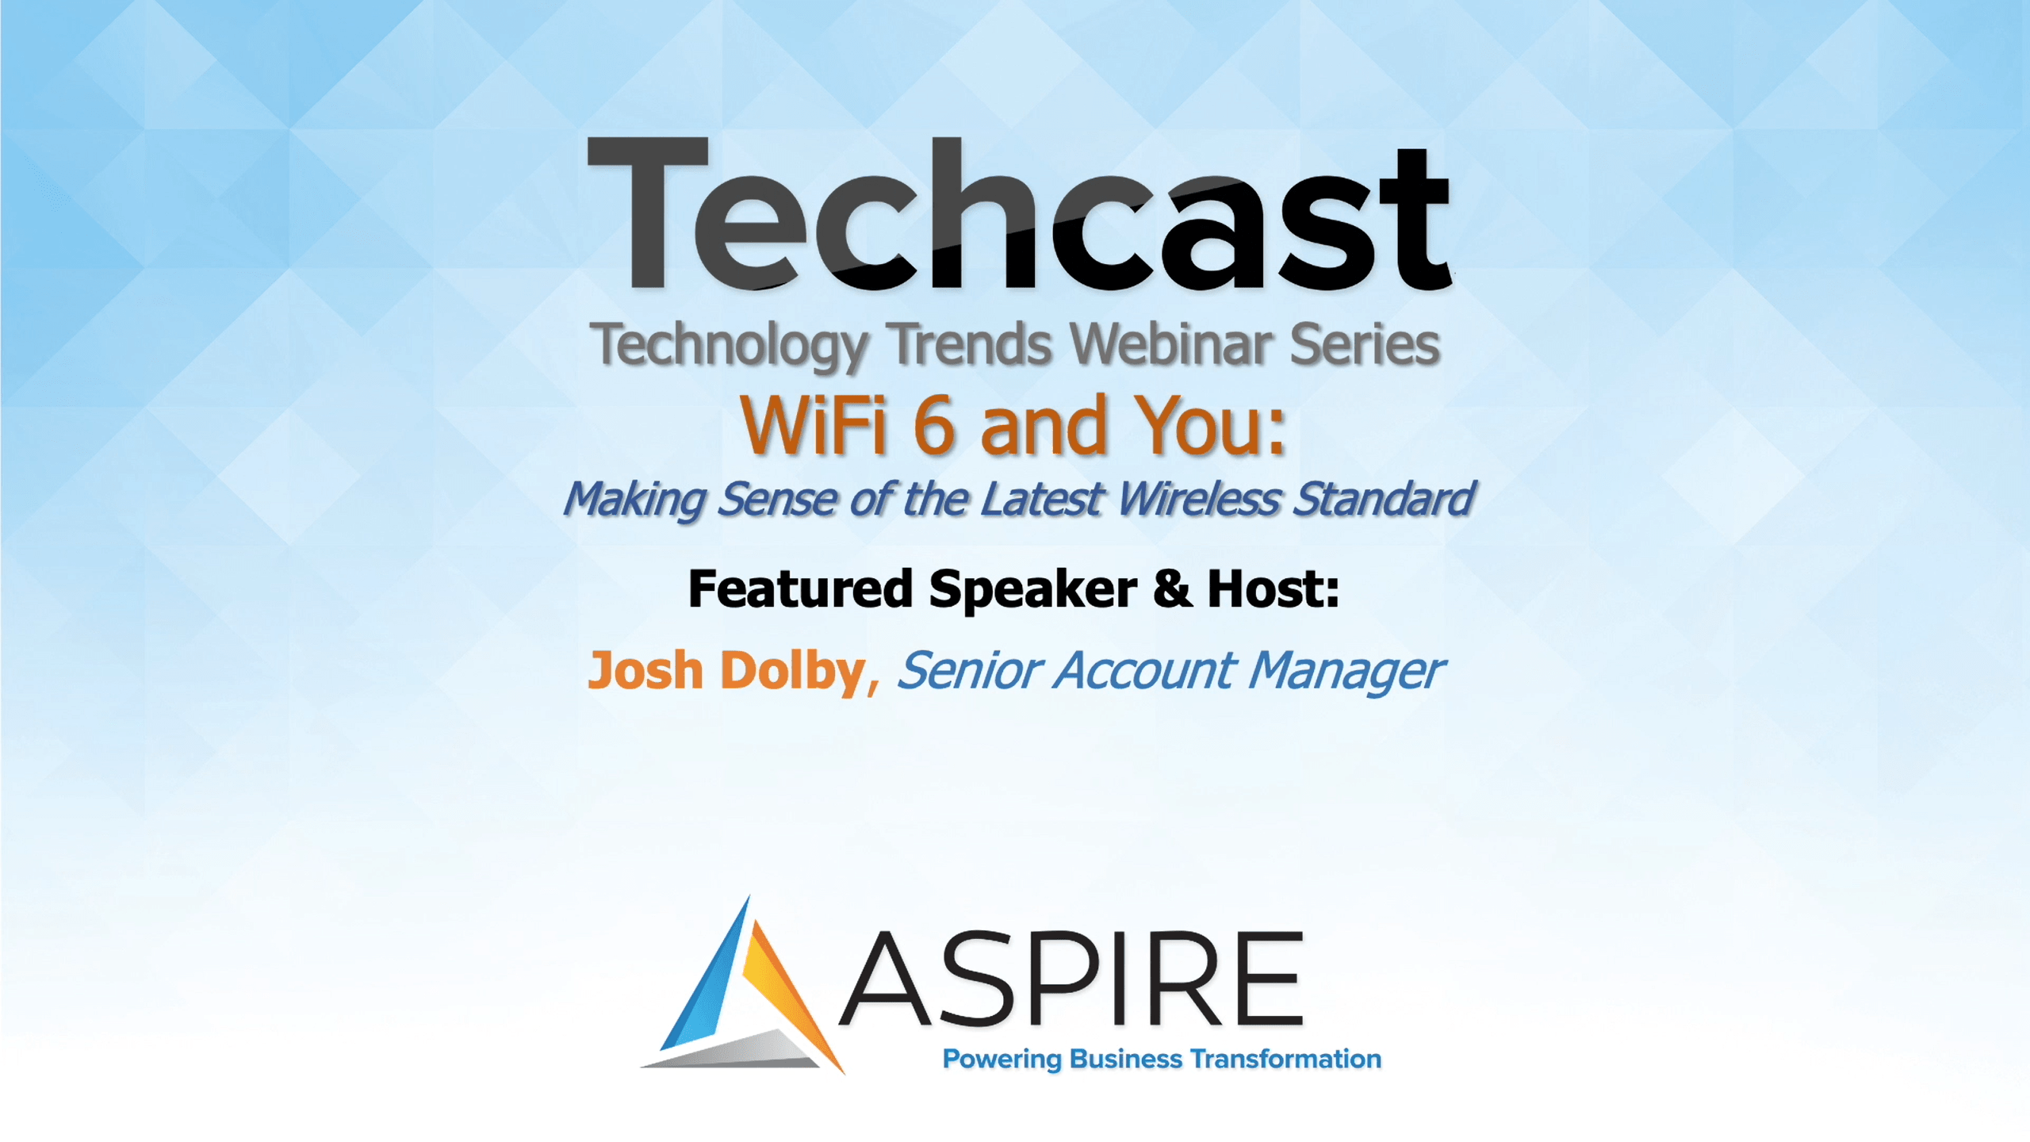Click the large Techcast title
coord(1019,214)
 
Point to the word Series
coord(1365,344)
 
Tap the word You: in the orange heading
coord(1209,425)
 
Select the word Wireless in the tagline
coord(1199,500)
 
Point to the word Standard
coord(1384,500)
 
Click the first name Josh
coord(645,671)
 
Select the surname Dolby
coord(793,673)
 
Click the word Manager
coord(1346,673)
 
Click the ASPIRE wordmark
coord(1071,979)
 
